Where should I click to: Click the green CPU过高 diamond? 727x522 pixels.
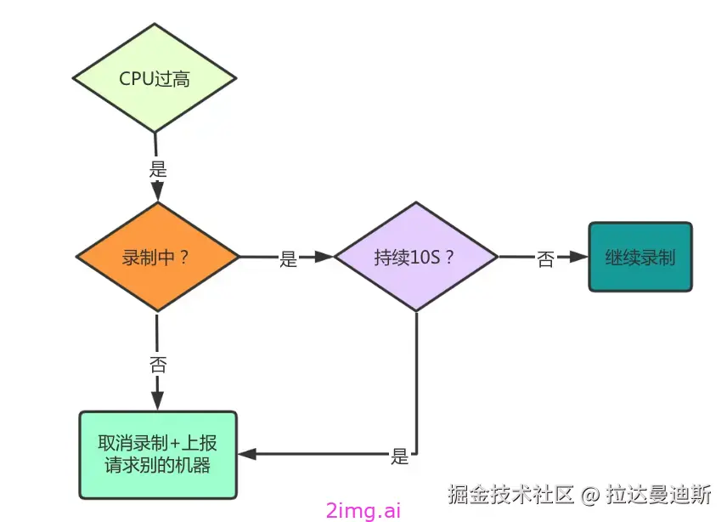pyautogui.click(x=155, y=79)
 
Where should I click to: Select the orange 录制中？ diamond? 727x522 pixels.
pyautogui.click(x=157, y=257)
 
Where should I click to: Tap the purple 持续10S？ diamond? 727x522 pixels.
pyautogui.click(x=415, y=257)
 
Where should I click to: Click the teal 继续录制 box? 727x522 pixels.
pyautogui.click(x=640, y=257)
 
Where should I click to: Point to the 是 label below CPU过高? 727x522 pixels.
pyautogui.click(x=158, y=168)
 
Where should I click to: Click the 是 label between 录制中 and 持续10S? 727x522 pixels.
pyautogui.click(x=289, y=259)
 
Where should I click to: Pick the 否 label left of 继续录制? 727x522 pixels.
pyautogui.click(x=545, y=259)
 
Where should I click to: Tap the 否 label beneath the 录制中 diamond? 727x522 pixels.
pyautogui.click(x=158, y=366)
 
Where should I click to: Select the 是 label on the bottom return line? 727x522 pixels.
pyautogui.click(x=400, y=456)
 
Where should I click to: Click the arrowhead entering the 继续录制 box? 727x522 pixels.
pyautogui.click(x=579, y=257)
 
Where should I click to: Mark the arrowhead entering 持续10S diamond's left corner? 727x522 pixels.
pyautogui.click(x=325, y=257)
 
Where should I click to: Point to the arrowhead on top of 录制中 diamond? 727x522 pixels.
pyautogui.click(x=158, y=195)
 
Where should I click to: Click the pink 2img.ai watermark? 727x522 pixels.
pyautogui.click(x=363, y=510)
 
